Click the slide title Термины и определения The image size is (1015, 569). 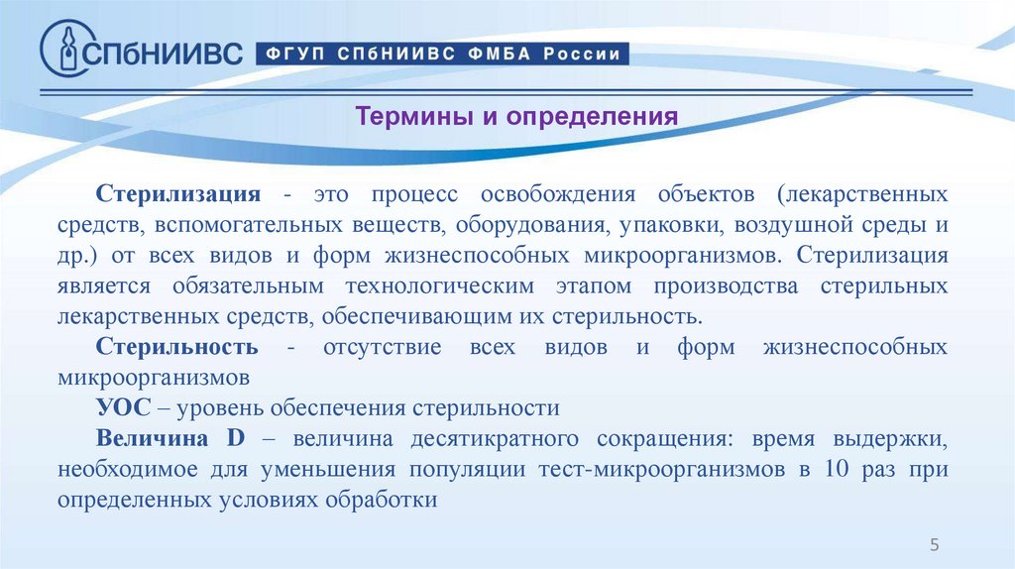[516, 117]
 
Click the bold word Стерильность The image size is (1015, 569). [177, 347]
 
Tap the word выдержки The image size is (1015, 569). [896, 438]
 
